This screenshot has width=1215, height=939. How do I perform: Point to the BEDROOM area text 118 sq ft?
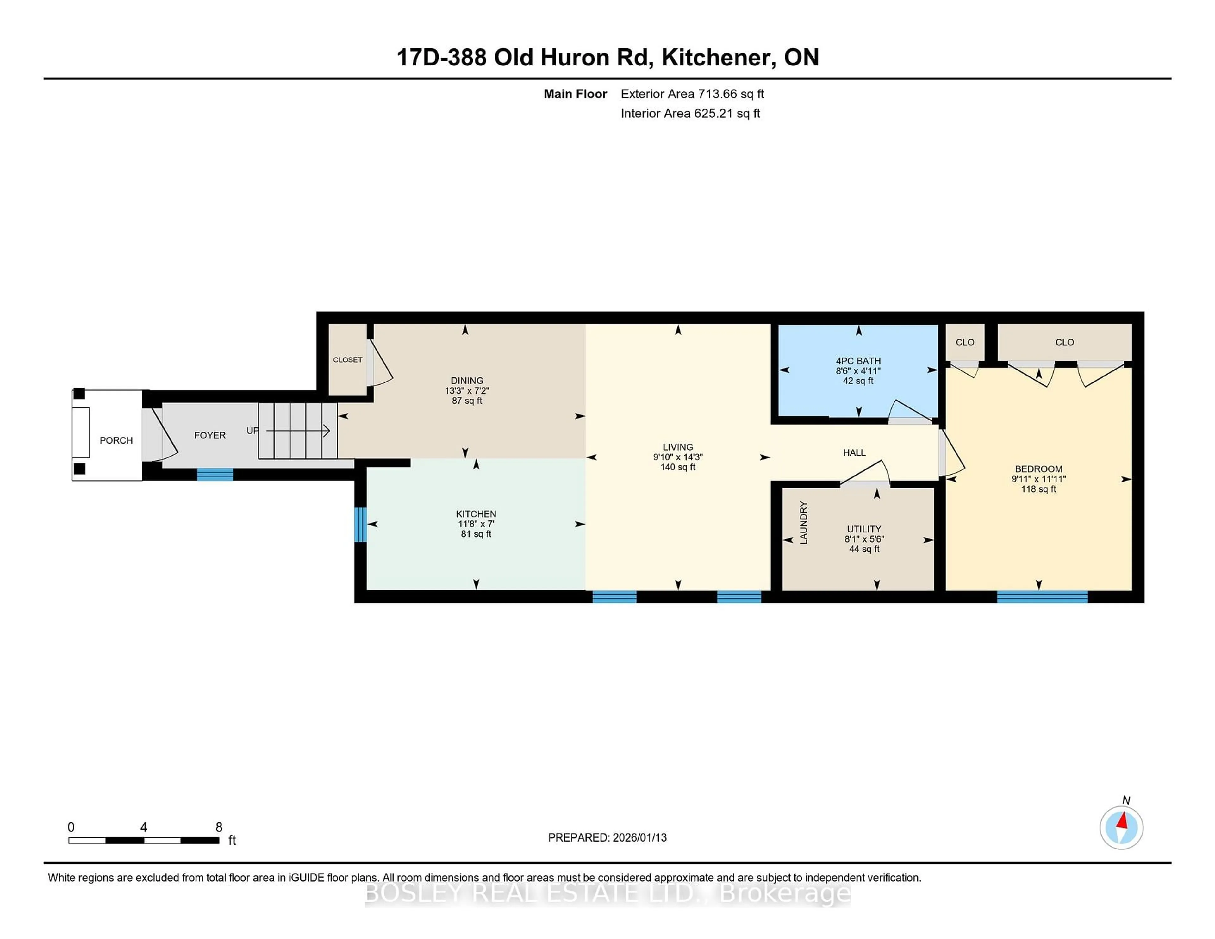click(x=1038, y=489)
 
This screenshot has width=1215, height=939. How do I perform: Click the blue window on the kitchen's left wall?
click(x=360, y=524)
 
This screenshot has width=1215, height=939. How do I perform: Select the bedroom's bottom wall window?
click(x=1042, y=597)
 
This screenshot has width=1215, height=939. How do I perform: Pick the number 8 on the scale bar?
click(x=219, y=827)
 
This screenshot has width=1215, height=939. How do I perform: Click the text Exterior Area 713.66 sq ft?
click(x=692, y=94)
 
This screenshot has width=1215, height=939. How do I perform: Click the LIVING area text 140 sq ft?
click(x=678, y=467)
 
